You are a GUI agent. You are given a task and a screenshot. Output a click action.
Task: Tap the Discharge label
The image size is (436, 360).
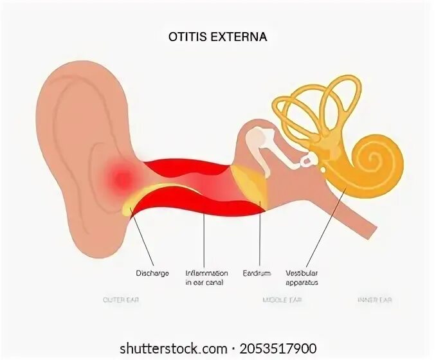point(152,273)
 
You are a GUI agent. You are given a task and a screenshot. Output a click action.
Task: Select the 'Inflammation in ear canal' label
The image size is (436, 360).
point(206,278)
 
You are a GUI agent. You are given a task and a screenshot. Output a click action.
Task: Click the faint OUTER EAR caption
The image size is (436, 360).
point(121,300)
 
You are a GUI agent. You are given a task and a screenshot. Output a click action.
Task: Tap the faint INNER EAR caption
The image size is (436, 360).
point(375,300)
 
